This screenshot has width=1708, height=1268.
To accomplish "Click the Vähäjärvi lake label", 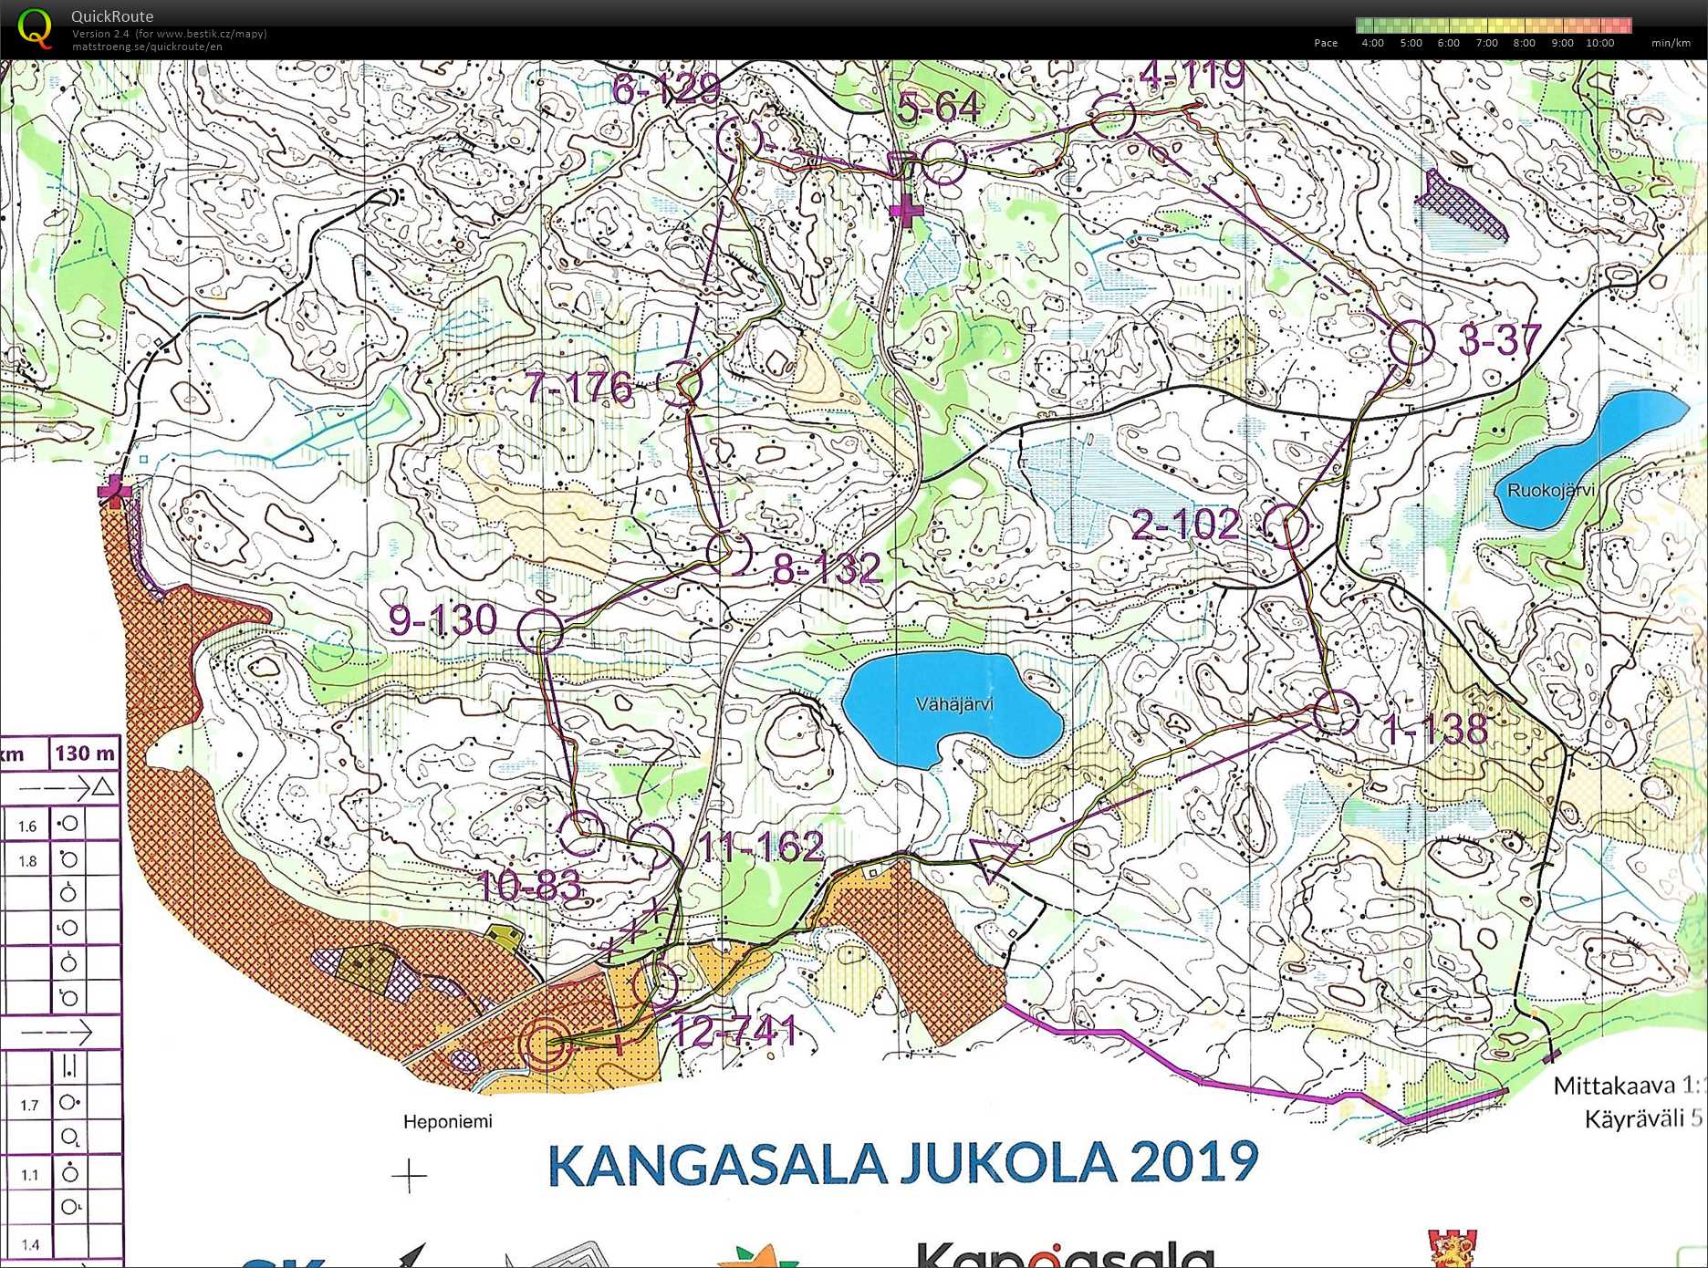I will [954, 704].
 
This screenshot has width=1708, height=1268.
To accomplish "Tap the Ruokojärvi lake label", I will [1550, 491].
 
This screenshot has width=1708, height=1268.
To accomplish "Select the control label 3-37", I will [1499, 340].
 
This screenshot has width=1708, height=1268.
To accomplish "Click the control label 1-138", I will [1435, 729].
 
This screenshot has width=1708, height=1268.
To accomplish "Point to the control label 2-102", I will [1185, 525].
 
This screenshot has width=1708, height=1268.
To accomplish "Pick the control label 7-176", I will [578, 388].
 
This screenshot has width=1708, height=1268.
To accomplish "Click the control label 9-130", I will [443, 620].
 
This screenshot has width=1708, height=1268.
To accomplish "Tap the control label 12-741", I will [734, 1032].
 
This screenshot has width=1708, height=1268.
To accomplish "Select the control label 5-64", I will [939, 108].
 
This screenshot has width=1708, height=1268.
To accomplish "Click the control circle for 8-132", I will [729, 552].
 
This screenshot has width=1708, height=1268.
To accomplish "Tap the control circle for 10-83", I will [581, 832].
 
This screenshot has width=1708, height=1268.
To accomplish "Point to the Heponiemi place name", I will [447, 1122].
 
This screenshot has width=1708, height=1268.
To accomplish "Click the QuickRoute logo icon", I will [35, 27].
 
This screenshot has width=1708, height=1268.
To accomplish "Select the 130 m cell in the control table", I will [85, 754].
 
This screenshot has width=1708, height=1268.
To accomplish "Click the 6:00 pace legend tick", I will [1448, 43].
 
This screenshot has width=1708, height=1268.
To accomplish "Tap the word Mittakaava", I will [1614, 1086].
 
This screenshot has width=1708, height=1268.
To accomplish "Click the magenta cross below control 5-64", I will [906, 211].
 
